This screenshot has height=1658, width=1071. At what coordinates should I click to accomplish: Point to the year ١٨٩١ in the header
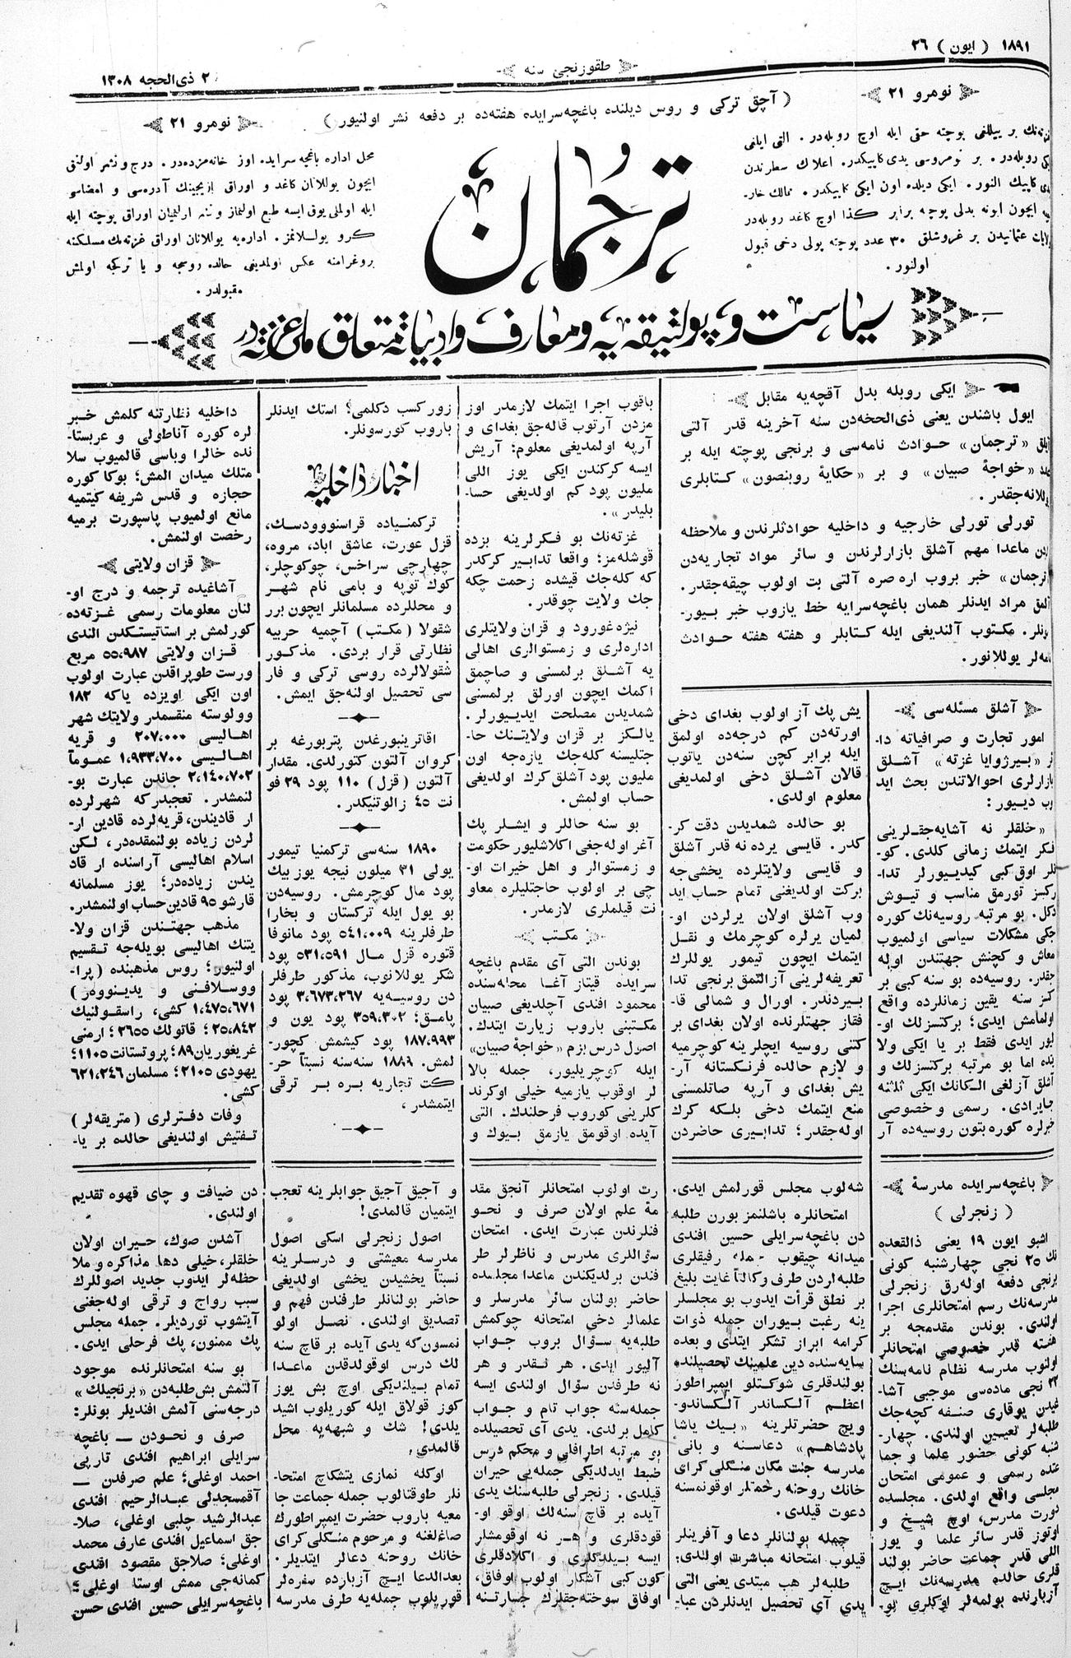[1033, 44]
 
